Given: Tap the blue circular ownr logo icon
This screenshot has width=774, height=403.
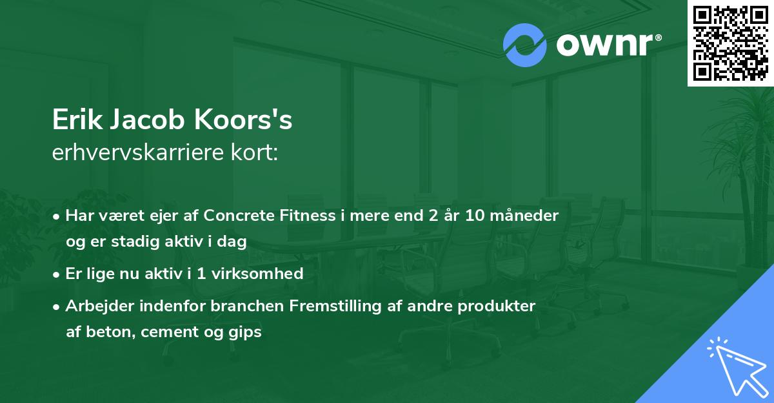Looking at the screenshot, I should [x=525, y=45].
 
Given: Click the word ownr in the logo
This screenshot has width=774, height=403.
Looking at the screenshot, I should [x=606, y=45].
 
